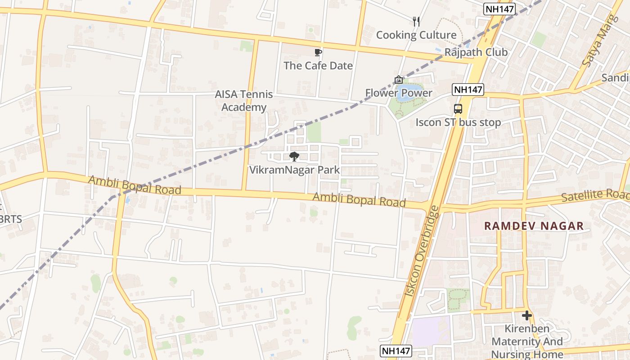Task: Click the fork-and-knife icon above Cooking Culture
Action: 416,21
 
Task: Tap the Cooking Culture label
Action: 416,35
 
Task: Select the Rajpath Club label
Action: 476,52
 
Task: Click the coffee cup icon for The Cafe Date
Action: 318,52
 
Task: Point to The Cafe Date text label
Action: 318,66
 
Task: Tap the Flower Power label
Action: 399,93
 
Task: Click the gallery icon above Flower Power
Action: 399,80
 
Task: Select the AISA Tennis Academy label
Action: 244,101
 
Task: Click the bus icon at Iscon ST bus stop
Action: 458,108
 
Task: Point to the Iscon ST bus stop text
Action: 458,122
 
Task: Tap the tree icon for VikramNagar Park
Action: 294,157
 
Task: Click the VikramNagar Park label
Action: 294,170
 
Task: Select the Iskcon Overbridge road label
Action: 422,251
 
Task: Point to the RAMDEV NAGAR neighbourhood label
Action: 534,226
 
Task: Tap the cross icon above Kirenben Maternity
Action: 527,315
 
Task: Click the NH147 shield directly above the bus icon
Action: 468,90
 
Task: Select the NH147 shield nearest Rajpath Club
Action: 499,9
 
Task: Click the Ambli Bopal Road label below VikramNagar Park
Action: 359,200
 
